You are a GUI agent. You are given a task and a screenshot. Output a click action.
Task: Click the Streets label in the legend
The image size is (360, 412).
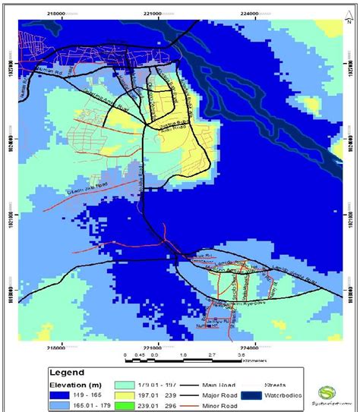[x=275, y=384]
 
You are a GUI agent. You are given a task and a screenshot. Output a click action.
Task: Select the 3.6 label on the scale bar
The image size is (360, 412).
[x=242, y=354]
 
